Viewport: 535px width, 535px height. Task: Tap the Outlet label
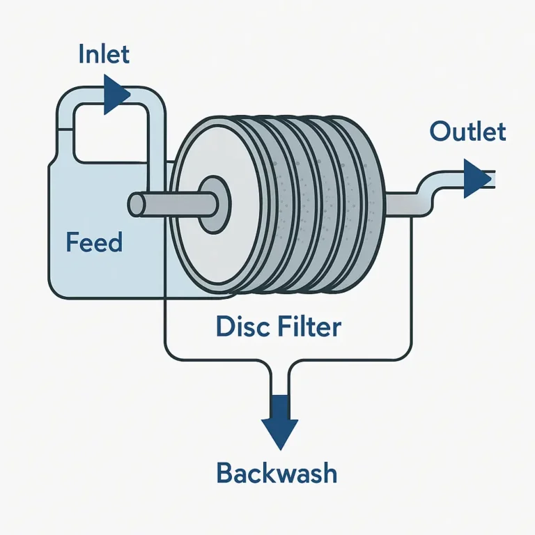click(x=467, y=132)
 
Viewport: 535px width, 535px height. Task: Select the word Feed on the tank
click(x=94, y=242)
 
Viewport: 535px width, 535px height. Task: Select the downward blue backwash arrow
click(x=279, y=422)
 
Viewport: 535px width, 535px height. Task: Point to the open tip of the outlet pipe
click(x=493, y=178)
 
